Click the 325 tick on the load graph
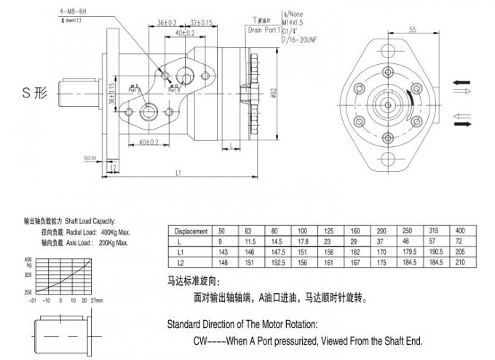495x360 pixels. click(x=28, y=276)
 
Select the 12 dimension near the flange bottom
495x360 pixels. click(x=112, y=169)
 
